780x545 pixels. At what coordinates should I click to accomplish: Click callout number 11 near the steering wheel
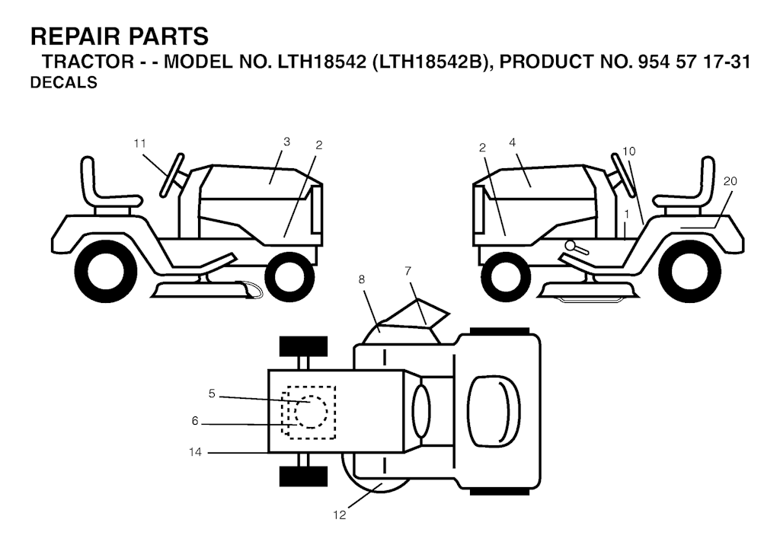pyautogui.click(x=140, y=144)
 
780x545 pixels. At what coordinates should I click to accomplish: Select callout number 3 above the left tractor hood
pyautogui.click(x=286, y=142)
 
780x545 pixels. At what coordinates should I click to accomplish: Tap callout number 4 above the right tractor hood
pyautogui.click(x=513, y=142)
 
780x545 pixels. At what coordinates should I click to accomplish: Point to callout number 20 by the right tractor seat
pyautogui.click(x=730, y=181)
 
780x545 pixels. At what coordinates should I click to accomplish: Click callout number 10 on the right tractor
pyautogui.click(x=628, y=151)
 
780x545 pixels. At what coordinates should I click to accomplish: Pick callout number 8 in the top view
pyautogui.click(x=362, y=279)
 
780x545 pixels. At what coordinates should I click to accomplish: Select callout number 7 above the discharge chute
pyautogui.click(x=408, y=271)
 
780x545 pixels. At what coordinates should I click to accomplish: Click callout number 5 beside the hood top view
pyautogui.click(x=212, y=394)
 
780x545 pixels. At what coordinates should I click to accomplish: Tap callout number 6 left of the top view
pyautogui.click(x=195, y=421)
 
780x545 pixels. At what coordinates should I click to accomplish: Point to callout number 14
pyautogui.click(x=195, y=452)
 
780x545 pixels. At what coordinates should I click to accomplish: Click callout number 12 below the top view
pyautogui.click(x=339, y=515)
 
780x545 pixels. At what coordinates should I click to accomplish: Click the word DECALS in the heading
pyautogui.click(x=64, y=82)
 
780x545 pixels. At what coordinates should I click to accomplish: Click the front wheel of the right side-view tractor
pyautogui.click(x=506, y=276)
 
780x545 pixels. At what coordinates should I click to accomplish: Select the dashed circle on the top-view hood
pyautogui.click(x=311, y=412)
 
